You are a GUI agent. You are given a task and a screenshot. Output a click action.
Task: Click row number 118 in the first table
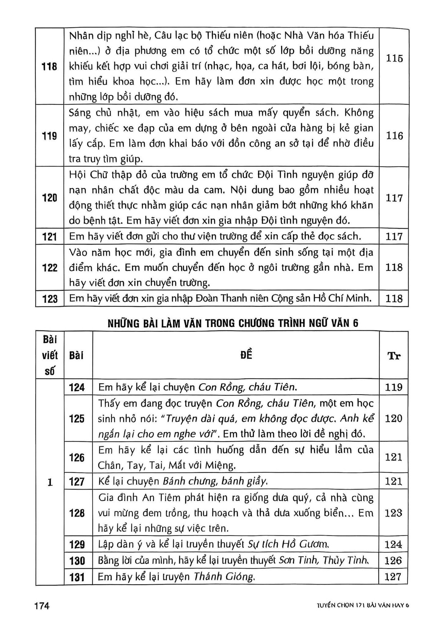coord(49,66)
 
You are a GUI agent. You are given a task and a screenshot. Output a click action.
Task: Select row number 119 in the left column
coord(49,136)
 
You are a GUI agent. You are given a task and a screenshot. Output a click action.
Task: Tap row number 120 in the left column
coord(49,198)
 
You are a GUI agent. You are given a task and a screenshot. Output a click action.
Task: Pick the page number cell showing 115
coord(394,58)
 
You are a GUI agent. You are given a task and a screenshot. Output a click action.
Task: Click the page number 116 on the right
coord(394,136)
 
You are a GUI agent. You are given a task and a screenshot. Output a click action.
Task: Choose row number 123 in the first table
coord(49,298)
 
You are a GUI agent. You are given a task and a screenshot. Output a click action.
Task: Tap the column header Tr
coord(394,356)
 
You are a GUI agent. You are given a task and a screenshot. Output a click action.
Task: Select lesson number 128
coord(77,513)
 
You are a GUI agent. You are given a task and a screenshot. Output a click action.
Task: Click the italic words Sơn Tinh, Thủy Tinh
coord(323,561)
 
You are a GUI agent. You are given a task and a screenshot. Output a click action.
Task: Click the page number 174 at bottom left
coord(42,605)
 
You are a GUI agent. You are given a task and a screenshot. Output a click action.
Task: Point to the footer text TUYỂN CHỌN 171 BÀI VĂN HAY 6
coord(358,606)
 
